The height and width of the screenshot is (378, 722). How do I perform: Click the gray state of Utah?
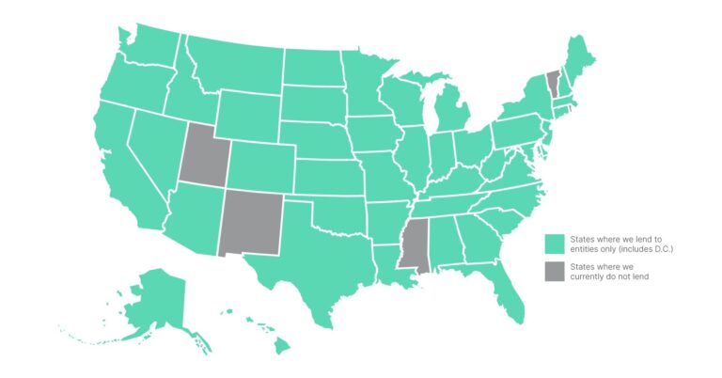pyautogui.click(x=201, y=156)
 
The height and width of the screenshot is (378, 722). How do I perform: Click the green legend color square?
pyautogui.click(x=556, y=243)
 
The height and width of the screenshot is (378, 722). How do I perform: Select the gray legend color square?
pyautogui.click(x=556, y=271)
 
